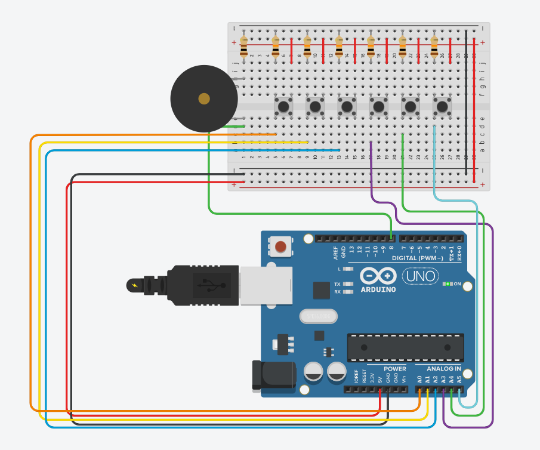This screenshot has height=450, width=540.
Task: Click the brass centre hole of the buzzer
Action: coord(204,98)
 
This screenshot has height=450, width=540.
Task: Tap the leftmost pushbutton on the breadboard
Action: coord(283,107)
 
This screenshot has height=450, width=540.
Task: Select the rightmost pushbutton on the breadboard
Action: coord(442,107)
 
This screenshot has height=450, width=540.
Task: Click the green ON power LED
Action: coord(447,284)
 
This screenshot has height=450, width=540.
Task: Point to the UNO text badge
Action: coord(420,276)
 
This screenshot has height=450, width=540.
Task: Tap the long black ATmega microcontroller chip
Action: coord(406,347)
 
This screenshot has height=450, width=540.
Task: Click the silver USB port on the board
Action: coord(266,285)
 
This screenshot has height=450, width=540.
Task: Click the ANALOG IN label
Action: coord(443,369)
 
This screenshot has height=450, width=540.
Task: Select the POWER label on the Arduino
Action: coord(394,369)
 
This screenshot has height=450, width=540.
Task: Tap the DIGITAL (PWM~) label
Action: coord(417,258)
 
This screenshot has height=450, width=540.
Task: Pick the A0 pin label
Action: coord(419,379)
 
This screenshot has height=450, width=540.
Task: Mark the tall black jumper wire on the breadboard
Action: coord(466,101)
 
